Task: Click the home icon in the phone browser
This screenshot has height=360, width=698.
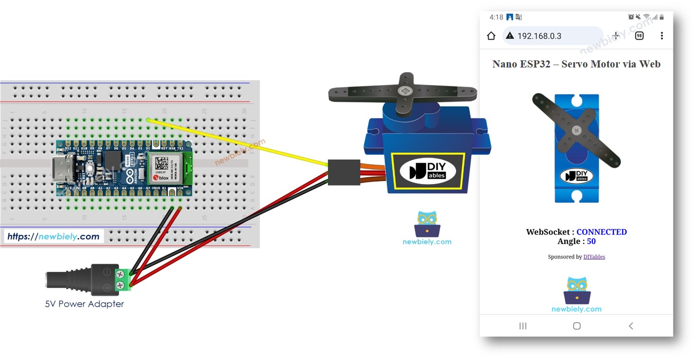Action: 491,36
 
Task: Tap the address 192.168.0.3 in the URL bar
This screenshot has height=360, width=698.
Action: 539,36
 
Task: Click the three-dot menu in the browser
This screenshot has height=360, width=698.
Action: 662,36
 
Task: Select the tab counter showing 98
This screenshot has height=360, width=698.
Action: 639,36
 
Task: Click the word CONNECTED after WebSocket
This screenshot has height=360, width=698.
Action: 601,232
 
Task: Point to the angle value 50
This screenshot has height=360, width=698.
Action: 591,241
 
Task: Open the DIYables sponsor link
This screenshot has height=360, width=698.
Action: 594,257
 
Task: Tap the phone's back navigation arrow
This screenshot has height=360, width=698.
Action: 631,326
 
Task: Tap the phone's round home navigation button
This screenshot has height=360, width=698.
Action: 576,326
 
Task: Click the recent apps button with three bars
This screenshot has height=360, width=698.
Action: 522,326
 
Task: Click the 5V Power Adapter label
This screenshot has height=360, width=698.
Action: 84,304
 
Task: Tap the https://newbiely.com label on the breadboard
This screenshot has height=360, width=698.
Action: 53,236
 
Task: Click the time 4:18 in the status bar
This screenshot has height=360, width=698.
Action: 496,17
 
